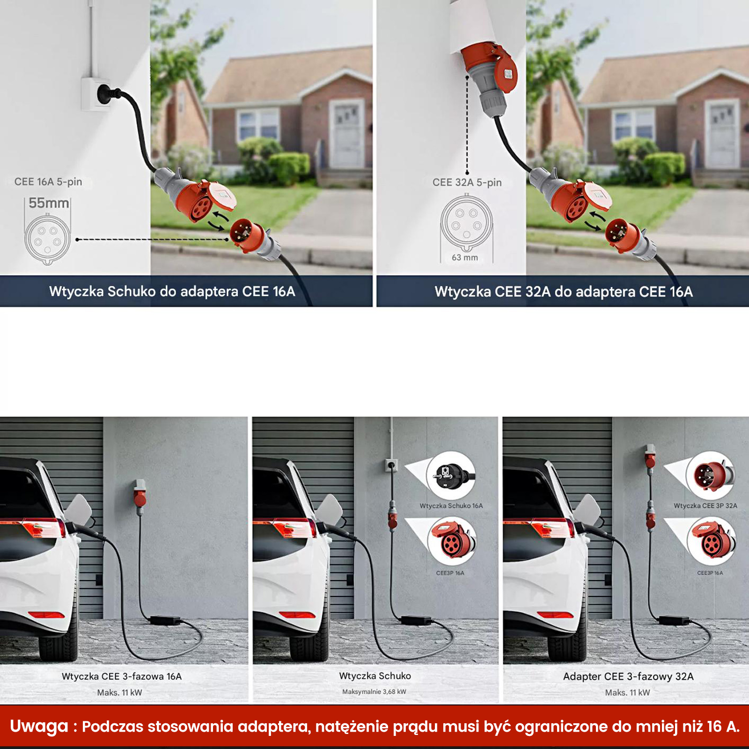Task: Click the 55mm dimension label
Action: click(x=49, y=203)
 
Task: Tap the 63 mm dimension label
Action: click(x=465, y=257)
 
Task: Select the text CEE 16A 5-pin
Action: click(x=48, y=182)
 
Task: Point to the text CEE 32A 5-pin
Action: click(x=467, y=182)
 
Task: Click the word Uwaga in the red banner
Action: click(x=39, y=726)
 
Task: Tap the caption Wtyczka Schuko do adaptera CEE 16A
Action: click(x=172, y=292)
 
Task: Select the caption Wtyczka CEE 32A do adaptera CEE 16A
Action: click(x=564, y=292)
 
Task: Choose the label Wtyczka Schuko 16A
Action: click(x=451, y=506)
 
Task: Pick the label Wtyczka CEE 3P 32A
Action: click(x=705, y=506)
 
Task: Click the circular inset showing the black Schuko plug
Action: click(x=450, y=476)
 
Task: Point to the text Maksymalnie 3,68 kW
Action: click(x=374, y=691)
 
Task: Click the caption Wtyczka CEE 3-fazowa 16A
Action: click(x=122, y=676)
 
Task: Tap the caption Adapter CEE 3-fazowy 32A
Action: click(x=628, y=676)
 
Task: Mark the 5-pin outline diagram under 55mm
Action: click(x=48, y=238)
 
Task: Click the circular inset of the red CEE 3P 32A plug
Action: click(x=711, y=476)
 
